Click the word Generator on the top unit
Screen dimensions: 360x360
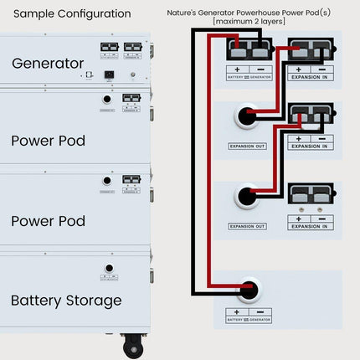[48, 64]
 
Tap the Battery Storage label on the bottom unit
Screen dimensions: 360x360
[66, 301]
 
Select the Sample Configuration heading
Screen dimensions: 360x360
[73, 14]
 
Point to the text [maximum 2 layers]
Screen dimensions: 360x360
[249, 21]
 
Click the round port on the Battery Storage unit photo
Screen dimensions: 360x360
[108, 270]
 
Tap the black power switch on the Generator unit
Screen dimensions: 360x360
[108, 74]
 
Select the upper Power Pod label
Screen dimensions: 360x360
[48, 141]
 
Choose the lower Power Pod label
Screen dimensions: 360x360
[48, 222]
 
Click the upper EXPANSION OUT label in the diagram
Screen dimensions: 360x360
[247, 147]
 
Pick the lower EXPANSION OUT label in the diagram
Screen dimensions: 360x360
[247, 226]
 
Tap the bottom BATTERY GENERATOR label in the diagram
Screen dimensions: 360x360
[249, 319]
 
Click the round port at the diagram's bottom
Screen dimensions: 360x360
[248, 292]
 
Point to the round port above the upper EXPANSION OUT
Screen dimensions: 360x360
[246, 117]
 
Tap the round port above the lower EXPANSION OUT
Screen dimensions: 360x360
[246, 198]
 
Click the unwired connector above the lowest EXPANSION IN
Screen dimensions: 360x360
[310, 194]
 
